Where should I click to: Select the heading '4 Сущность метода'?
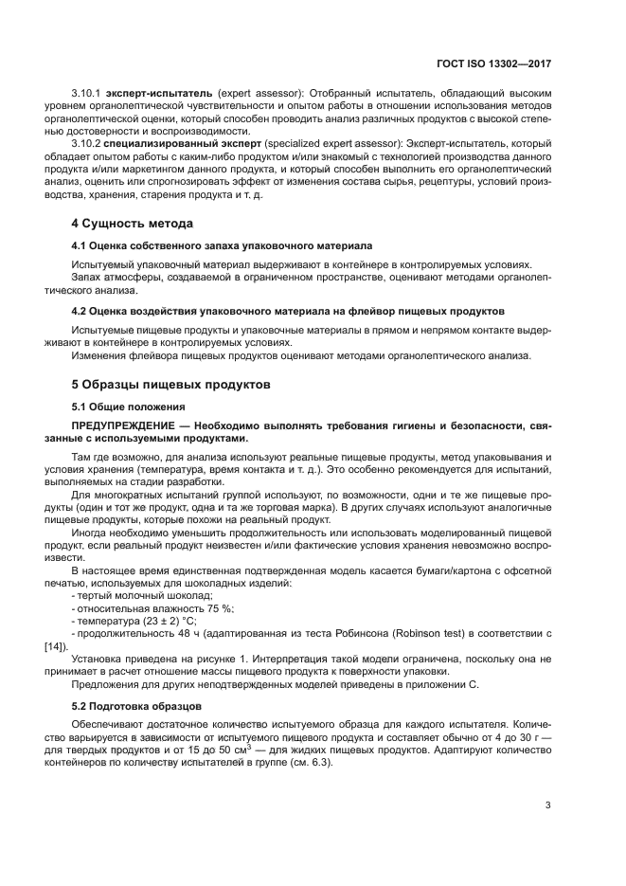coord(133,223)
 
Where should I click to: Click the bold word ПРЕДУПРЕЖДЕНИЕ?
coord(129,425)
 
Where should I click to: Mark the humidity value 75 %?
coord(220,607)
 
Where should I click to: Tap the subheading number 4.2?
coord(81,311)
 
